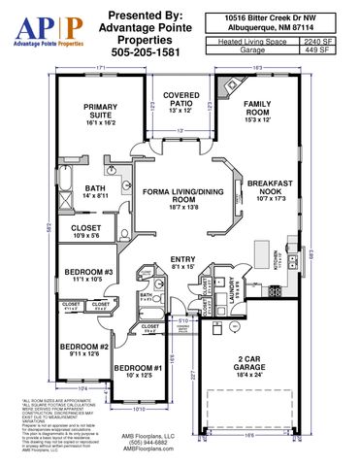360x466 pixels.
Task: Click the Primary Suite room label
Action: [100, 113]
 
